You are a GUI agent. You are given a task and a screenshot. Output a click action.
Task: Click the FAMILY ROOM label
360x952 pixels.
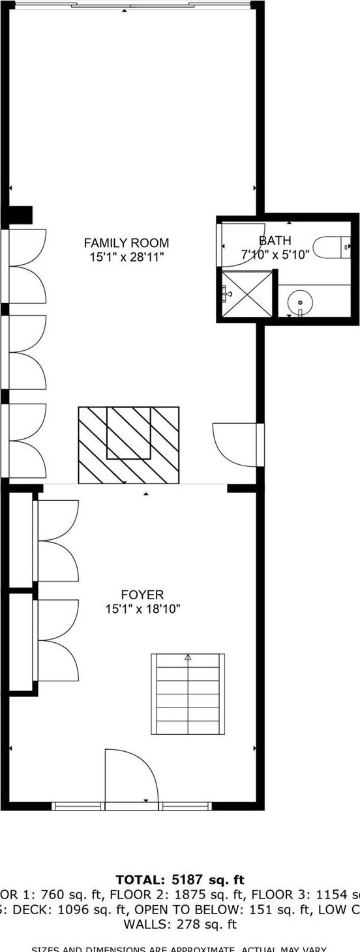coord(126,243)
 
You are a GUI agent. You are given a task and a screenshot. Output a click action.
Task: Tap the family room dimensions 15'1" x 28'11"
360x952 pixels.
coord(126,258)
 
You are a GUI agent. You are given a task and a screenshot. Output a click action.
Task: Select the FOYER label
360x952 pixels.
coord(142,595)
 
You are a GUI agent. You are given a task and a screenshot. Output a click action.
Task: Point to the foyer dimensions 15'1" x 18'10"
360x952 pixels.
coord(142,609)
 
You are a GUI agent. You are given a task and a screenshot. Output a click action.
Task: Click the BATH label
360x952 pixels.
coord(275,241)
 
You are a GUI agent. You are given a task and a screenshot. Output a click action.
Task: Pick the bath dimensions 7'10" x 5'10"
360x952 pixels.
coord(275,255)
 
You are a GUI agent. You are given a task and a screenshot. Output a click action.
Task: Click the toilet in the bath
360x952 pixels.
coord(333,246)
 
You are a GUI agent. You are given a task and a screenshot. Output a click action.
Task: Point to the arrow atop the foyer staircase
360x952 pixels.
coord(188,657)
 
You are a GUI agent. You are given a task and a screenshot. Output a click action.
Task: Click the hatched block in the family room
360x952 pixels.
coord(128,445)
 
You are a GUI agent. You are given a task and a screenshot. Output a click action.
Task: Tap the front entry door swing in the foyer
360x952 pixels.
coord(130,776)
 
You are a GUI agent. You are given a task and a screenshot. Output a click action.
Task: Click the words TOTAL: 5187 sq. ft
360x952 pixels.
coord(180,880)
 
